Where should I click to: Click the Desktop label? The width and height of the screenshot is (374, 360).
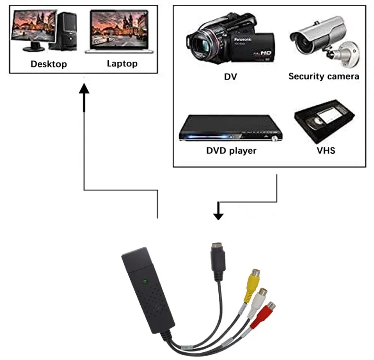click(x=49, y=64)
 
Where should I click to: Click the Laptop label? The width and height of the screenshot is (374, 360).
click(x=122, y=63)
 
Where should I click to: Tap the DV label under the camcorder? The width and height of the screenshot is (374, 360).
click(x=230, y=76)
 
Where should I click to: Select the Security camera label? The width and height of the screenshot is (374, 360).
click(x=324, y=76)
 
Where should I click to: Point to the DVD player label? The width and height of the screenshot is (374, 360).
click(x=231, y=151)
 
